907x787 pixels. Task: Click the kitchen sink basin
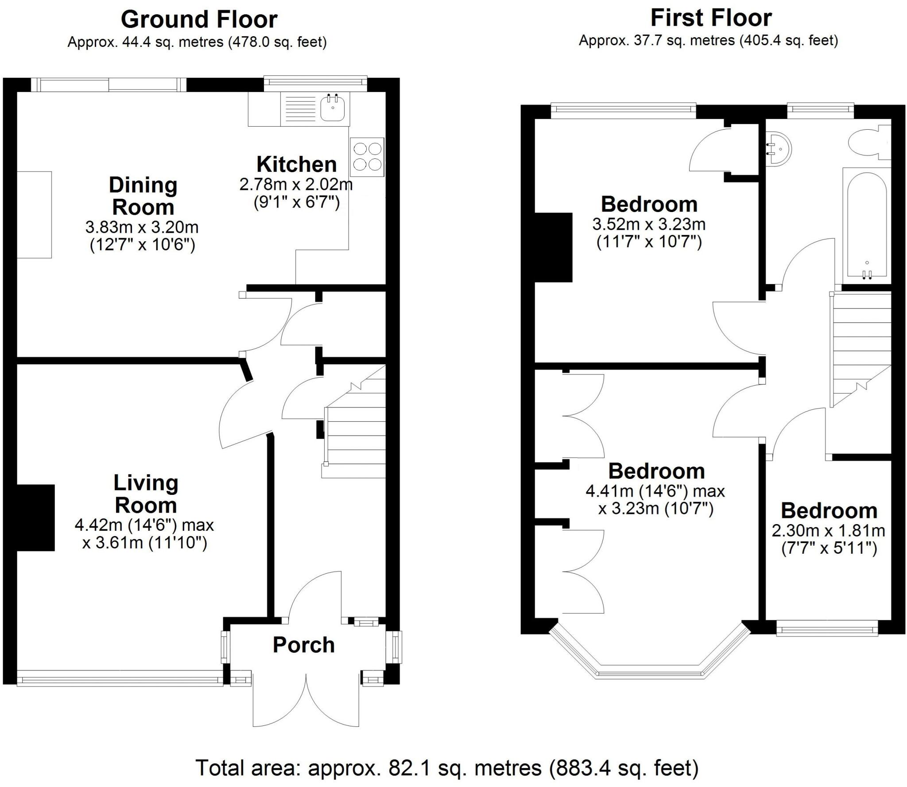pyautogui.click(x=333, y=109)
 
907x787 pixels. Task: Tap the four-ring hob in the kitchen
pyautogui.click(x=367, y=157)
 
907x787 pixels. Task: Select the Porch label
pyautogui.click(x=303, y=645)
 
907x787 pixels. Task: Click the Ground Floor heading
pyautogui.click(x=199, y=19)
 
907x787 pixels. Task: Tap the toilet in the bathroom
pyautogui.click(x=864, y=143)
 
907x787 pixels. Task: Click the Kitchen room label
pyautogui.click(x=296, y=164)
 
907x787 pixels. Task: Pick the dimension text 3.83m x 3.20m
pyautogui.click(x=142, y=228)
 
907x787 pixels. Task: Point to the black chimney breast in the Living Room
pyautogui.click(x=35, y=517)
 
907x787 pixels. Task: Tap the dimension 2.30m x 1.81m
pyautogui.click(x=828, y=530)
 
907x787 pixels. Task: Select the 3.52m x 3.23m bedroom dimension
pyautogui.click(x=649, y=224)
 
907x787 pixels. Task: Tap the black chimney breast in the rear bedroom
pyautogui.click(x=554, y=247)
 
